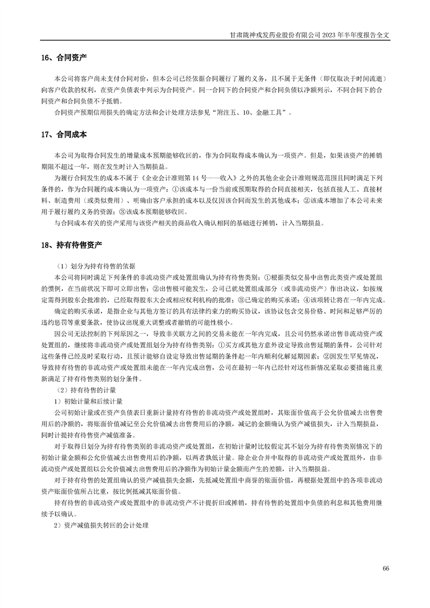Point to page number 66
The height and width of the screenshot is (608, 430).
(386, 568)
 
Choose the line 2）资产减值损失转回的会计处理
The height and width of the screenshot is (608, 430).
(100, 526)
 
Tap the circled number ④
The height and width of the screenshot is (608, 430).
(306, 300)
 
